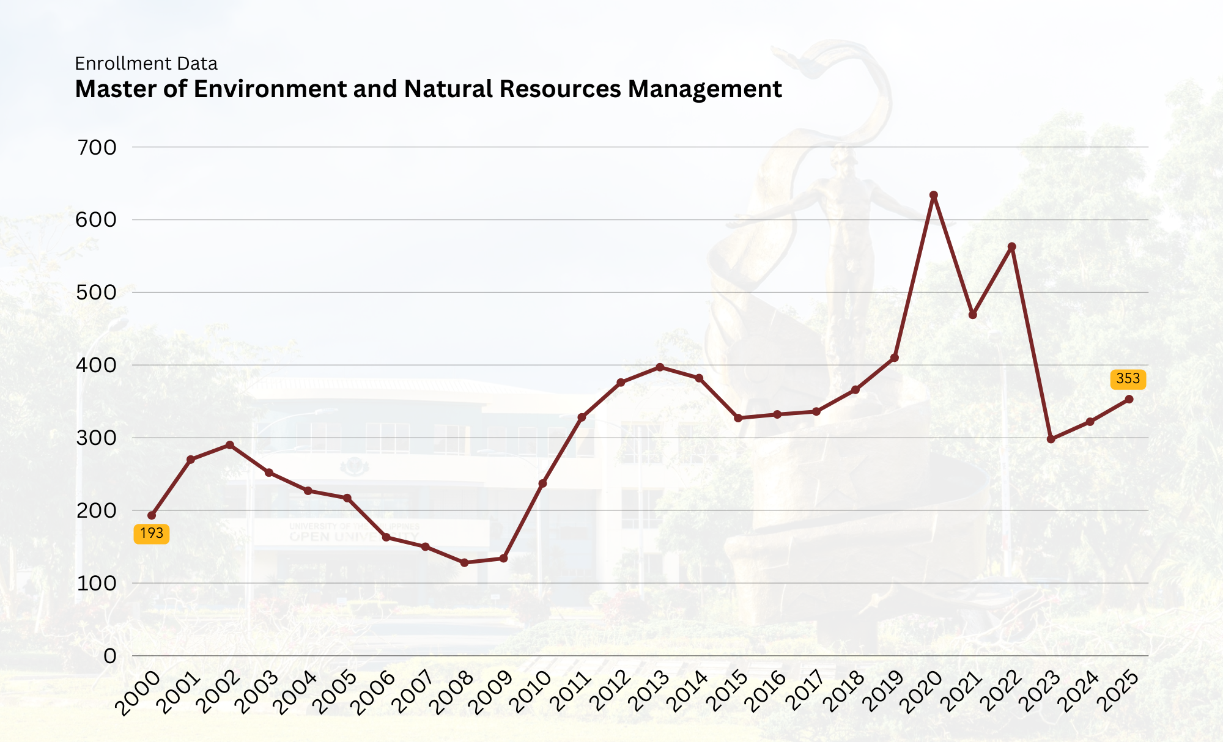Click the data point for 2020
tap(934, 196)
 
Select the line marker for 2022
tap(1012, 247)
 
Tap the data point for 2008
tap(464, 562)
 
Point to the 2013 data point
tap(660, 367)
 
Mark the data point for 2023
tap(1051, 439)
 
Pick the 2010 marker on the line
tap(542, 483)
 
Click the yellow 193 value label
tap(152, 534)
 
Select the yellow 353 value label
tap(1128, 379)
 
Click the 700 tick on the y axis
tap(96, 147)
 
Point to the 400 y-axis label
tap(96, 365)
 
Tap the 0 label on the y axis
tap(109, 656)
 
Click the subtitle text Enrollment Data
tap(146, 64)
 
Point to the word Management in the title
tap(704, 89)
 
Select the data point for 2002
tap(230, 445)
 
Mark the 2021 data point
tap(973, 315)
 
